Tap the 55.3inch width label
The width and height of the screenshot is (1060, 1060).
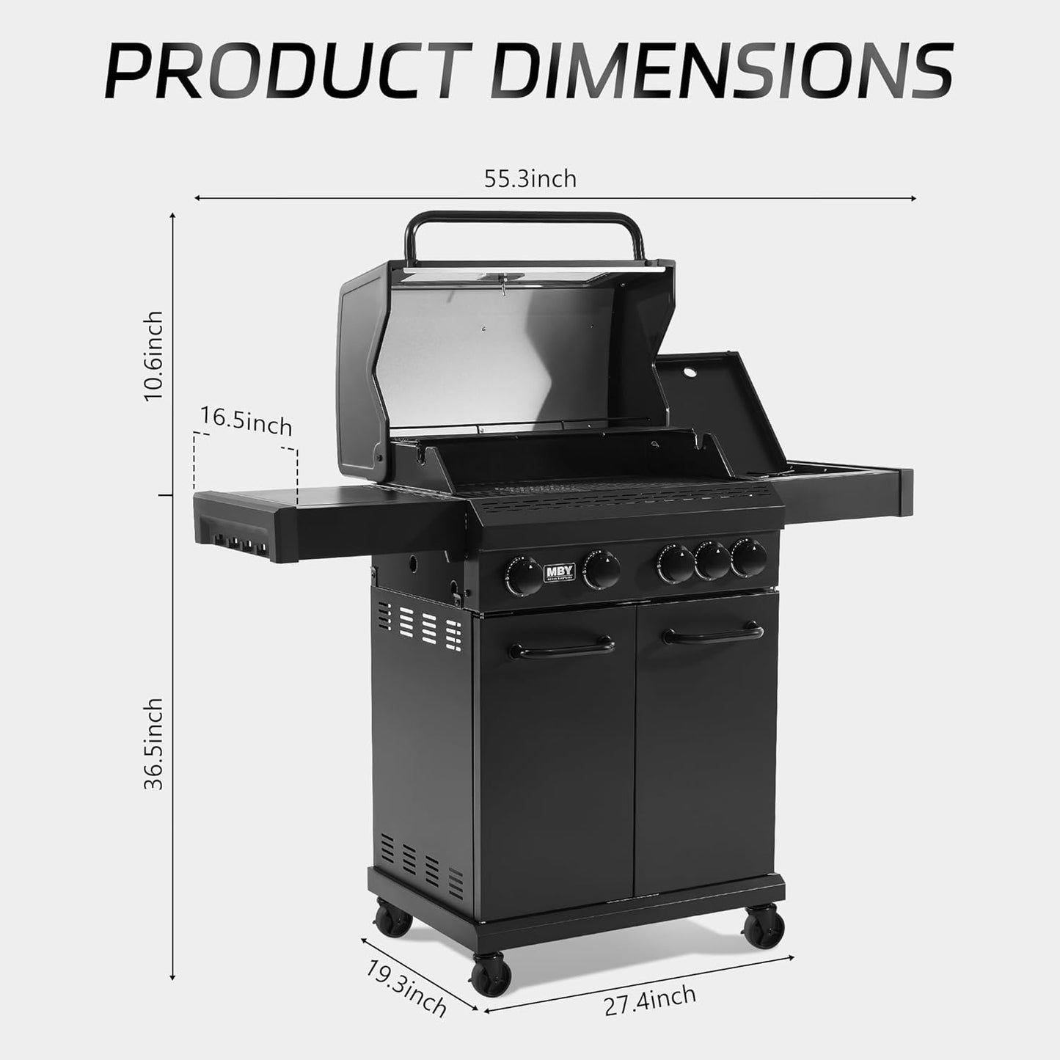530,179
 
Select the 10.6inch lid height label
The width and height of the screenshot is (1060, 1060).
153,356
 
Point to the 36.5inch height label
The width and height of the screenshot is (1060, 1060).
153,744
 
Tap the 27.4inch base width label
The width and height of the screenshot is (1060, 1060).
650,999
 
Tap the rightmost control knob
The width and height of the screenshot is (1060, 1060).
748,558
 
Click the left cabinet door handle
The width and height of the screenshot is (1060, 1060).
562,648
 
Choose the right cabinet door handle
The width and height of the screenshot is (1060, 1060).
713,634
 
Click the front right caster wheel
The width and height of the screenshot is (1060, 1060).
764,927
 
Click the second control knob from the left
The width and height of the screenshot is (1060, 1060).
602,569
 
